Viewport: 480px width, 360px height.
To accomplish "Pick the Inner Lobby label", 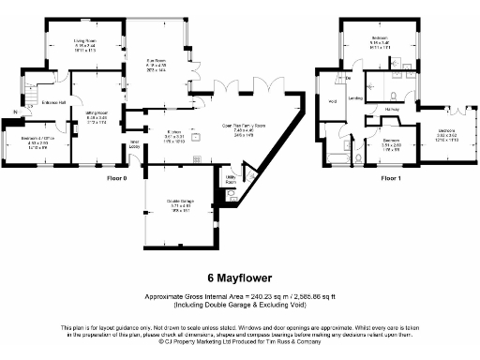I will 134,145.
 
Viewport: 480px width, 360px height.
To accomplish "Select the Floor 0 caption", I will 116,176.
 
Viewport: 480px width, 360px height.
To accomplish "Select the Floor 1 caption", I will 391,176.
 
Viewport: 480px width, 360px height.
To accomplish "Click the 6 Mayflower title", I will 239,278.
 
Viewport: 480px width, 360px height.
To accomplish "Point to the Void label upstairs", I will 333,101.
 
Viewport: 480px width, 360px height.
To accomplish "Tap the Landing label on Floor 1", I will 355,97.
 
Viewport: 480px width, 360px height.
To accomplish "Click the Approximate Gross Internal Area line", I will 239,296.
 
